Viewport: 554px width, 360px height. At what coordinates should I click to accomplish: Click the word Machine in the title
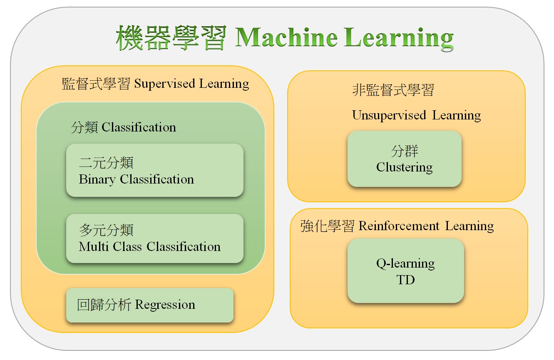286,37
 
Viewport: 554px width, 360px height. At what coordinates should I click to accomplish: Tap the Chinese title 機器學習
171,37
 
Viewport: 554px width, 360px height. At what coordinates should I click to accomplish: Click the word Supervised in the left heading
165,84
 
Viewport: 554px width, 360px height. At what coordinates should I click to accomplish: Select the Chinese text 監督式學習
96,84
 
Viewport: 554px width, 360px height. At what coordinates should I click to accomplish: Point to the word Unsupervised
389,115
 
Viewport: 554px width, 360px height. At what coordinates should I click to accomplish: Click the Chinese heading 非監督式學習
393,90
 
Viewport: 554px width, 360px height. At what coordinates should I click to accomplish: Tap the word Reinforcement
399,226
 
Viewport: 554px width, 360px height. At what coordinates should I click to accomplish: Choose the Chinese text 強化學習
328,226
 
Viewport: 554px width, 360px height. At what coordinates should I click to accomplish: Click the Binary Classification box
155,170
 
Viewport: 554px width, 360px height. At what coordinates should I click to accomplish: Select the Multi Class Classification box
155,238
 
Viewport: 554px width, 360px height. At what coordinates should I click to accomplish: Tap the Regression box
150,305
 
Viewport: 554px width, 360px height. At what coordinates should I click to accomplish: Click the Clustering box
405,159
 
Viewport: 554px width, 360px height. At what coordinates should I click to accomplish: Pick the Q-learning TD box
405,271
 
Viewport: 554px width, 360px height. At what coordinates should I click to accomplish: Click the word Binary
97,179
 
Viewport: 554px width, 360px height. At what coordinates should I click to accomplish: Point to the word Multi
94,246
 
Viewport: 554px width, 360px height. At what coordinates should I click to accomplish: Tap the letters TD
405,280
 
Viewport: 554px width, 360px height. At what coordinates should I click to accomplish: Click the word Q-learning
405,264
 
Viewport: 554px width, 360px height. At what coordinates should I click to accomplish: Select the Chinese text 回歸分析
104,305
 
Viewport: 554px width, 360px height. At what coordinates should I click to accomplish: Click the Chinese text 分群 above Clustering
405,151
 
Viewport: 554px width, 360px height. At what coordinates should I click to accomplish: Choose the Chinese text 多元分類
107,230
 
